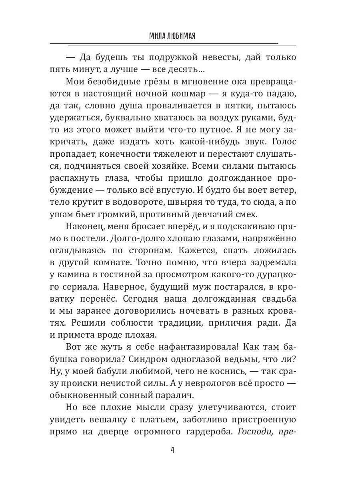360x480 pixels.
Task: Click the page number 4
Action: pyautogui.click(x=172, y=450)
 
